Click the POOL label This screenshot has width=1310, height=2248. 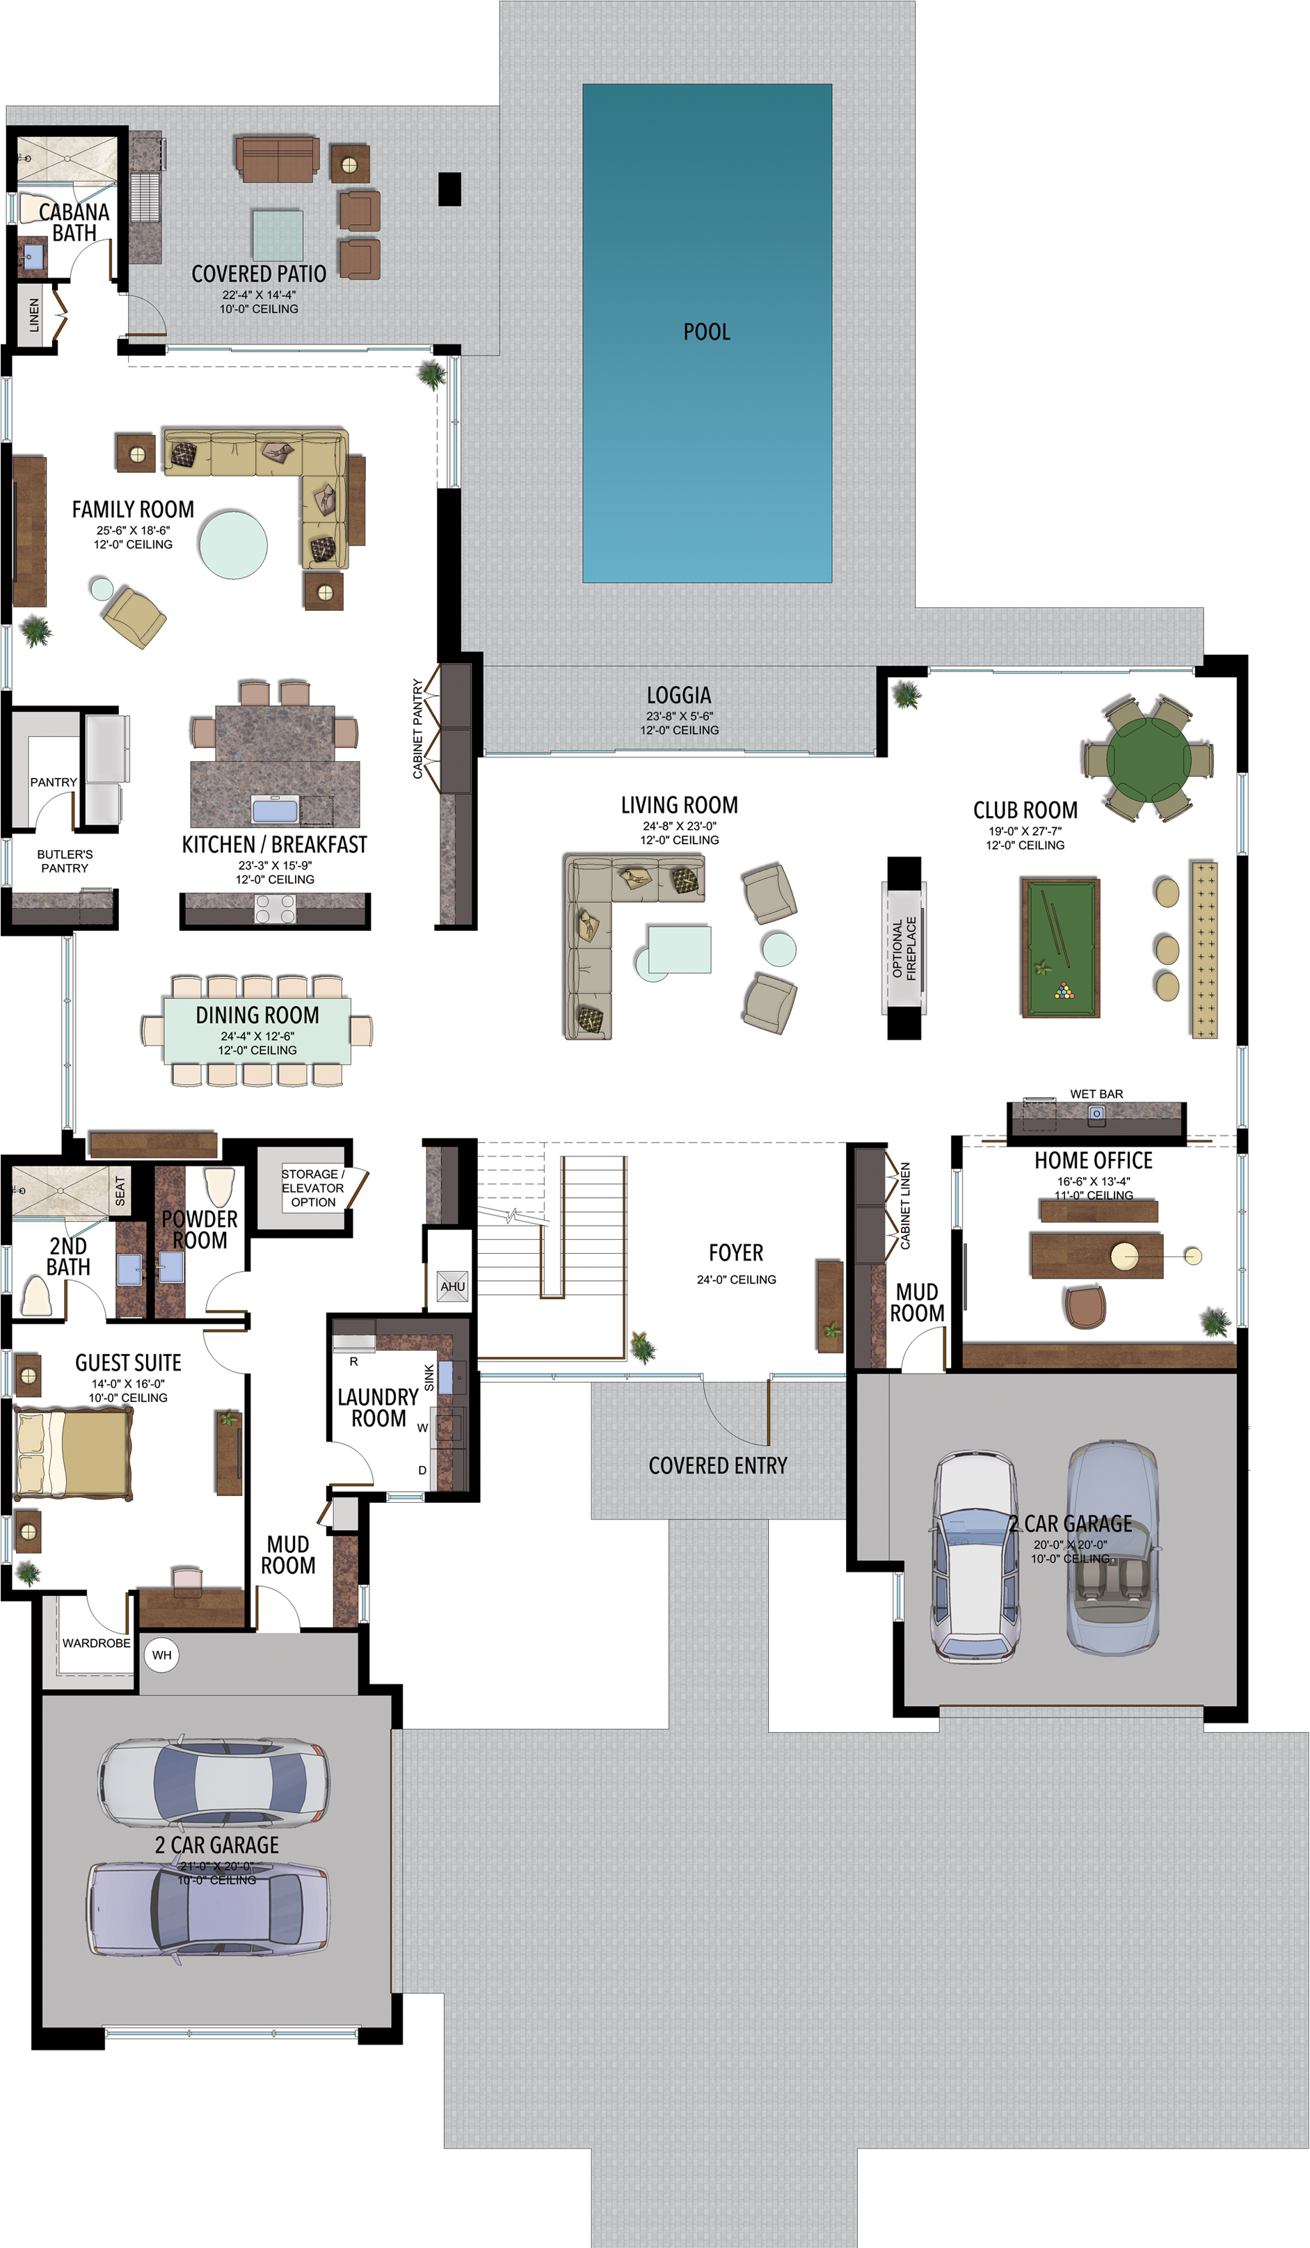(x=706, y=332)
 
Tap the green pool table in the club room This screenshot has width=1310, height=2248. (x=1060, y=948)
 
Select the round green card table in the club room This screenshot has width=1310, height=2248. (x=1148, y=758)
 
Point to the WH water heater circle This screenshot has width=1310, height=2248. (x=161, y=1655)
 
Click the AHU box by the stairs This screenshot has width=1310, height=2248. (x=452, y=1286)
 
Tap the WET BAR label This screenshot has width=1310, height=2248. (x=1096, y=1094)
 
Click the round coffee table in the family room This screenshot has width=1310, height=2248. (x=233, y=545)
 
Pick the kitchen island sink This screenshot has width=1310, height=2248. (x=275, y=810)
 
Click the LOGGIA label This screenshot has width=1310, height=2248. (x=678, y=695)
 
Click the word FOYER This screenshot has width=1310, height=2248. (x=736, y=1252)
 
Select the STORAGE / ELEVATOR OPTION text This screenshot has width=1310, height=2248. (x=312, y=1188)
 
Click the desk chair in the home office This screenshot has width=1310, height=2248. (x=1085, y=1307)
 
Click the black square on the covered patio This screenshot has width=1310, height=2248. (x=449, y=189)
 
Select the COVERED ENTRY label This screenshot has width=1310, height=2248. (x=717, y=1466)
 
